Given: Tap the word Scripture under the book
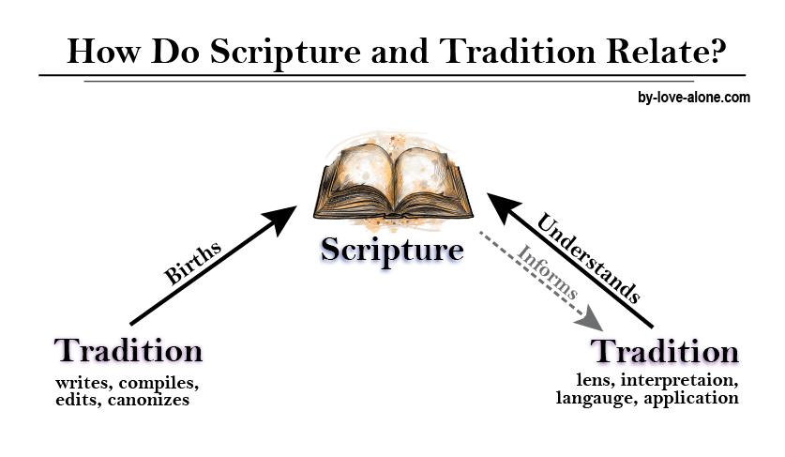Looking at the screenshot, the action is (392, 250).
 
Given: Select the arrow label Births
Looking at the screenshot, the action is (192, 264).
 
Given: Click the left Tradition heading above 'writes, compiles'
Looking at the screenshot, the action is (128, 350).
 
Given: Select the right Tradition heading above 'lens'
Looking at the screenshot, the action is (665, 352).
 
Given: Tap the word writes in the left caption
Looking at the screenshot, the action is (79, 383).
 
